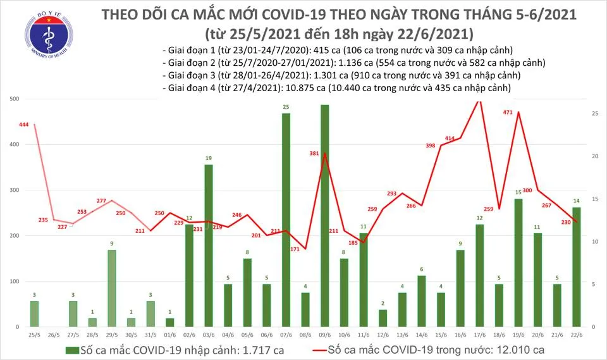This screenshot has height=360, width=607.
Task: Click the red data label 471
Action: [x=506, y=112]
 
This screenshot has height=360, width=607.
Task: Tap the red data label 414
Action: [x=450, y=138]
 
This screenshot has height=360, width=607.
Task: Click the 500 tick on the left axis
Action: [x=13, y=99]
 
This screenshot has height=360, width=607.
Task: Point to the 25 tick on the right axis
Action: [x=595, y=114]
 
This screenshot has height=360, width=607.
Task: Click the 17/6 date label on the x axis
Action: [x=479, y=335]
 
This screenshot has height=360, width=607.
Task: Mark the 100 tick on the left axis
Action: [x=13, y=281]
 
